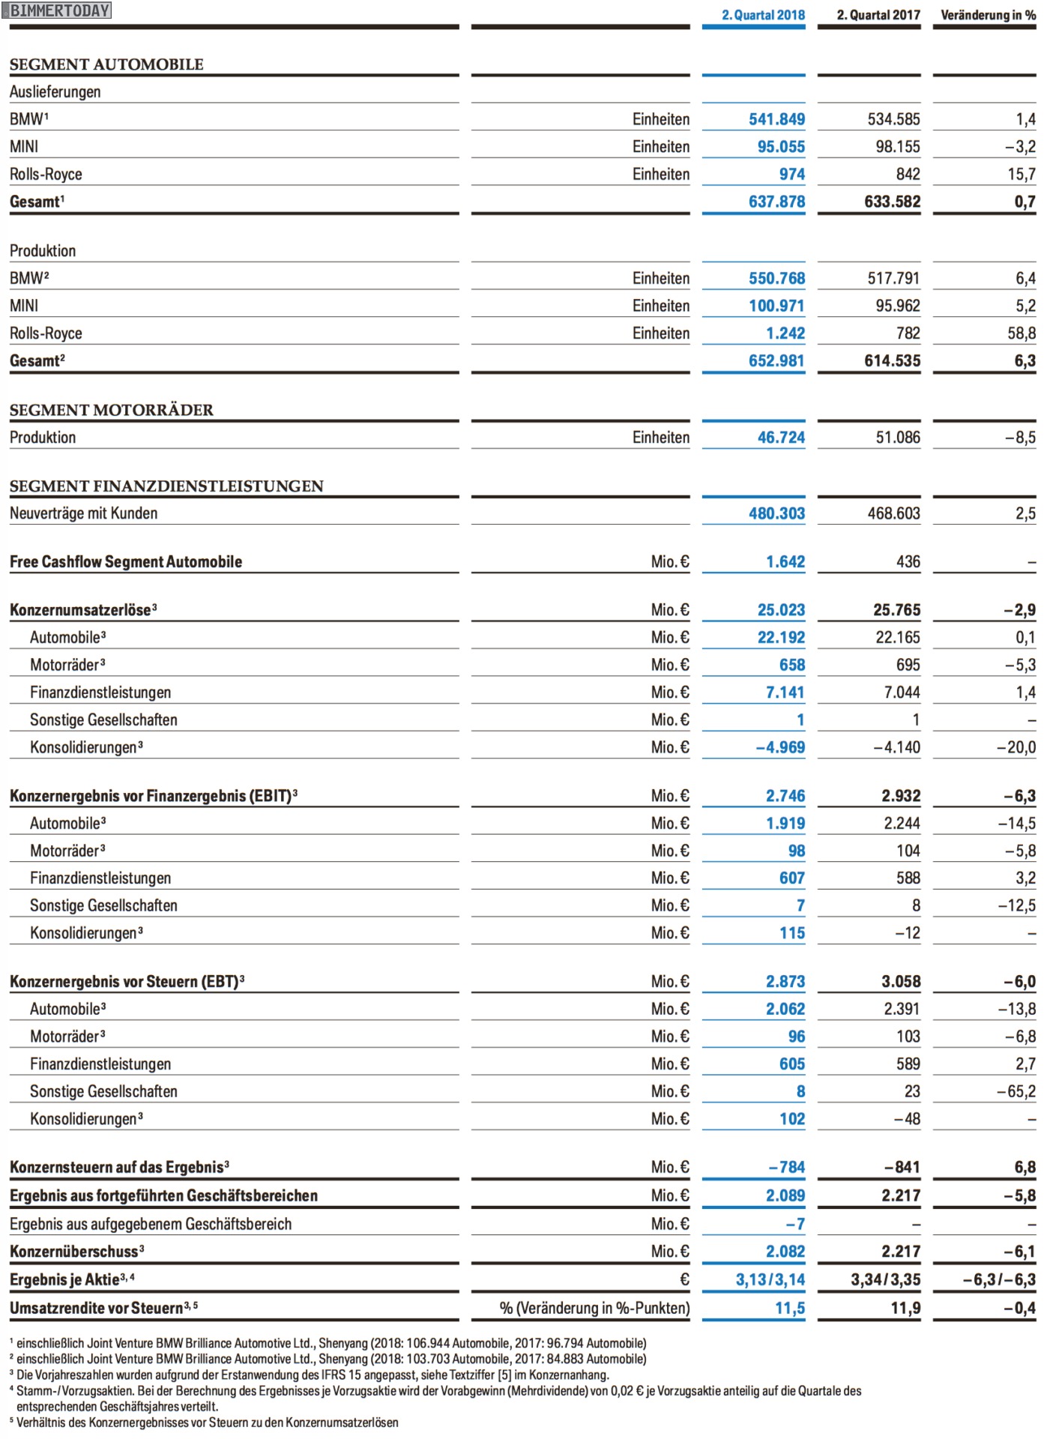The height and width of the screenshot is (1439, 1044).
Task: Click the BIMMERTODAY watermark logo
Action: tap(57, 10)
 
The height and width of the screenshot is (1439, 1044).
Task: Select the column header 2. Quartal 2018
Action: tap(763, 15)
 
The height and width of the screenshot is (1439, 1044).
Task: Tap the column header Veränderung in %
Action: tap(988, 15)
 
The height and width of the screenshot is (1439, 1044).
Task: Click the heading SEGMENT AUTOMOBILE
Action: tap(106, 64)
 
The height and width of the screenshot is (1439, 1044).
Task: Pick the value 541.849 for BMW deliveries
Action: tap(776, 119)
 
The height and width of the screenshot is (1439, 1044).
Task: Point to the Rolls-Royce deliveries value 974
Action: tap(791, 175)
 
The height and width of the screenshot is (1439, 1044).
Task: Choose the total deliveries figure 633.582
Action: tap(892, 202)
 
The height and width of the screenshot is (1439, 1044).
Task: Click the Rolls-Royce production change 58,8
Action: tap(1021, 334)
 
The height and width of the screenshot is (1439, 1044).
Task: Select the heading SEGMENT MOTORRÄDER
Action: tap(112, 410)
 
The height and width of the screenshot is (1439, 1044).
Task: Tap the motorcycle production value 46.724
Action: tap(781, 438)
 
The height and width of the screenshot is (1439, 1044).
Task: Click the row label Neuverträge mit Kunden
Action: tap(84, 513)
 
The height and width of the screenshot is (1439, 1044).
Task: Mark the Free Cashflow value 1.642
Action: tap(785, 562)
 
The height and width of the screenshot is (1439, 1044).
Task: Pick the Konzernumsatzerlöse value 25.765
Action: tap(896, 610)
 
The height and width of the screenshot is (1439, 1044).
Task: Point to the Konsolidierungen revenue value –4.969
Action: tap(780, 747)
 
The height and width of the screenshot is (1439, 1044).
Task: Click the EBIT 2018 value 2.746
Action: tap(785, 796)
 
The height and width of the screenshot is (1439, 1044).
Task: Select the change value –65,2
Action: tap(1016, 1091)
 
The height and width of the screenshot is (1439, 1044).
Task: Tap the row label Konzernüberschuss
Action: tap(74, 1252)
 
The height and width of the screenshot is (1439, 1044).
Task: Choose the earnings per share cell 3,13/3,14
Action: tap(770, 1280)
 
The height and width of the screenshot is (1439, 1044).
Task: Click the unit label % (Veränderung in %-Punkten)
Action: tap(594, 1308)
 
